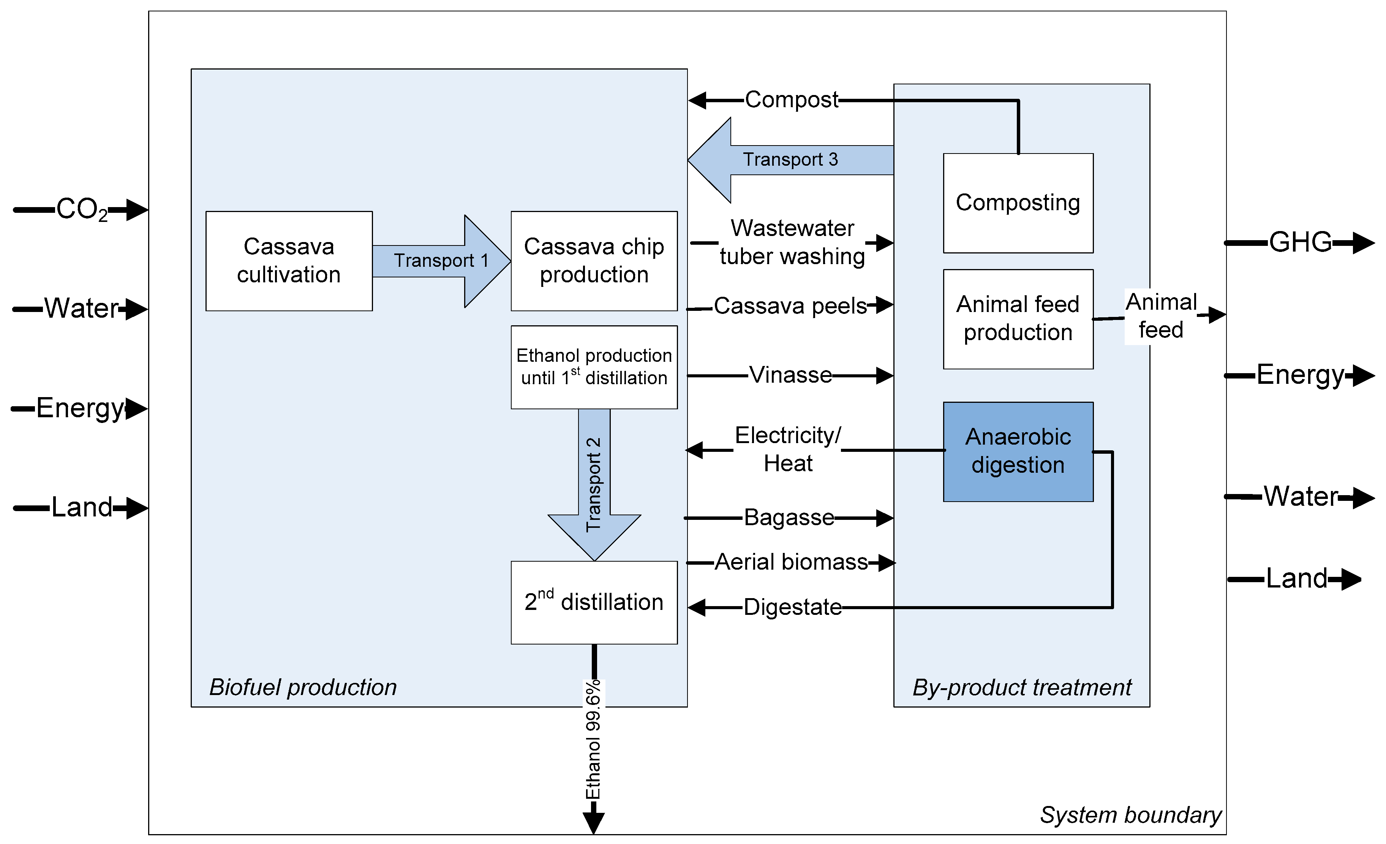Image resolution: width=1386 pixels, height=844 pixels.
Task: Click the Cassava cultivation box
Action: tap(289, 261)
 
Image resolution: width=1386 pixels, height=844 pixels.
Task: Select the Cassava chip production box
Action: tap(594, 261)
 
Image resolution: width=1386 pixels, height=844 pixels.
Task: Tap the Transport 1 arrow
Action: tap(441, 261)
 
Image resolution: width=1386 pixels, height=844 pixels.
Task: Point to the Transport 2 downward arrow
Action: tap(594, 484)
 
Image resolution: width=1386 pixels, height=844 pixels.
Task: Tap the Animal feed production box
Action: tap(1018, 319)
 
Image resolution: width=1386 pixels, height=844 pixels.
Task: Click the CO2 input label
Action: tap(82, 210)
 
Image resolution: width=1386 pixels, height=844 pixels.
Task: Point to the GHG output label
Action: tap(1300, 242)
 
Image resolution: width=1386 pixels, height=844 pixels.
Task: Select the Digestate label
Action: tap(792, 608)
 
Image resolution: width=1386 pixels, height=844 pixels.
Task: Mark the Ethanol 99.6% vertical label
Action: tap(593, 739)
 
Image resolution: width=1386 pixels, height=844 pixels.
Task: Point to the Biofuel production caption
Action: tap(303, 687)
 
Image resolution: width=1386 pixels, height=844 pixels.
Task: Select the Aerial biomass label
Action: tap(791, 562)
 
